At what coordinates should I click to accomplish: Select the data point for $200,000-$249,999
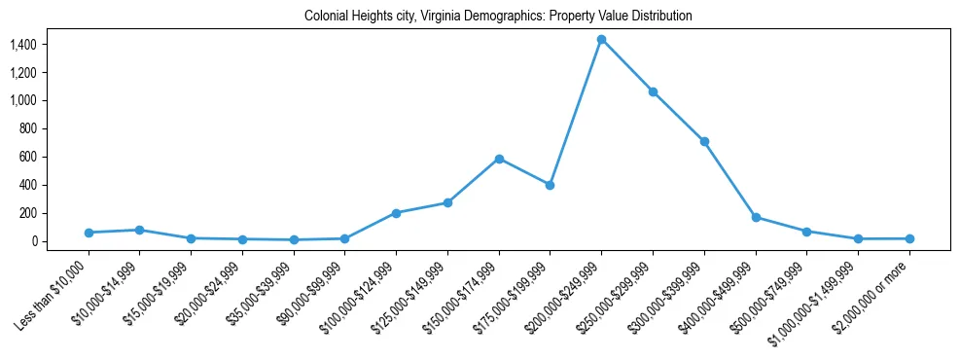tap(601, 40)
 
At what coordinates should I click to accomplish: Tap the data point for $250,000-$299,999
tap(653, 91)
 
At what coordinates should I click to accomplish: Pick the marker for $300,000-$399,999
tap(704, 141)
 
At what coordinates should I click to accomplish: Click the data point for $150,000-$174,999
tap(499, 159)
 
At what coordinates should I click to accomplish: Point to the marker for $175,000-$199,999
tap(550, 185)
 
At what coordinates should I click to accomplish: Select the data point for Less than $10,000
tap(89, 233)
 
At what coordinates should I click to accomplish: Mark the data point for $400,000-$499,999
tap(756, 217)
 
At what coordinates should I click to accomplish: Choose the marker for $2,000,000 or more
tap(909, 238)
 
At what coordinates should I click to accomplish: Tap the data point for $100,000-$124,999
tap(396, 213)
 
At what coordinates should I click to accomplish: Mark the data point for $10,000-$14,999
tap(139, 231)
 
